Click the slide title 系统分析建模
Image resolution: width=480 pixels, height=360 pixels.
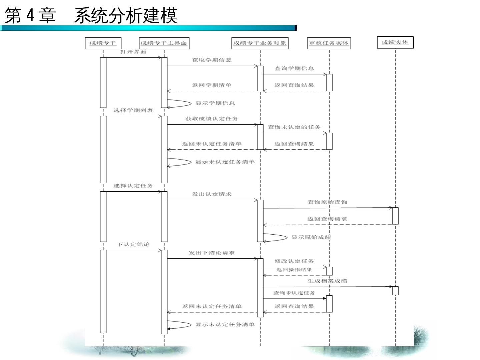(125, 15)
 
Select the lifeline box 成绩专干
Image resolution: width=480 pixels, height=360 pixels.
(103, 43)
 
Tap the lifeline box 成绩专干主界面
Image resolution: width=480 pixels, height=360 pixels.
(164, 43)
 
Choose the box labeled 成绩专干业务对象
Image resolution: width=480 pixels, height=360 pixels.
(260, 43)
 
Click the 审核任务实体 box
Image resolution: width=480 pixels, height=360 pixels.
(329, 43)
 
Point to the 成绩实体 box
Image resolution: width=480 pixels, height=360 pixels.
(395, 43)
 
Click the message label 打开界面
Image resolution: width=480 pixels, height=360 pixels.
(133, 52)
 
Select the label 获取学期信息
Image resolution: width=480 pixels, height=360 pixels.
(212, 60)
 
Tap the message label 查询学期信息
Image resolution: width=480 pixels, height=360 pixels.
(294, 69)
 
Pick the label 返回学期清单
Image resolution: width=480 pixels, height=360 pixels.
(212, 85)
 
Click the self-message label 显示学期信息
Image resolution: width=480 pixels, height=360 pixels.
(215, 103)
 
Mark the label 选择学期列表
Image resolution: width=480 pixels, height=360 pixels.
(133, 111)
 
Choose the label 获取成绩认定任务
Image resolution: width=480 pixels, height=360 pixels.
(212, 119)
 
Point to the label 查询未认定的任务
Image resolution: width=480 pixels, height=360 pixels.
(294, 127)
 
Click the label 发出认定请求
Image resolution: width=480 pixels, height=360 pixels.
(212, 194)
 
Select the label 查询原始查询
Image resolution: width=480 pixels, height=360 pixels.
(327, 202)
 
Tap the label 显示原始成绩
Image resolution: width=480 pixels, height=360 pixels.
(311, 238)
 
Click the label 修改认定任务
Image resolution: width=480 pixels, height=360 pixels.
(294, 261)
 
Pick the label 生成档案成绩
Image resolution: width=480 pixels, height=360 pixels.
(327, 281)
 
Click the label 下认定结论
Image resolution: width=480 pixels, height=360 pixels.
(133, 245)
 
